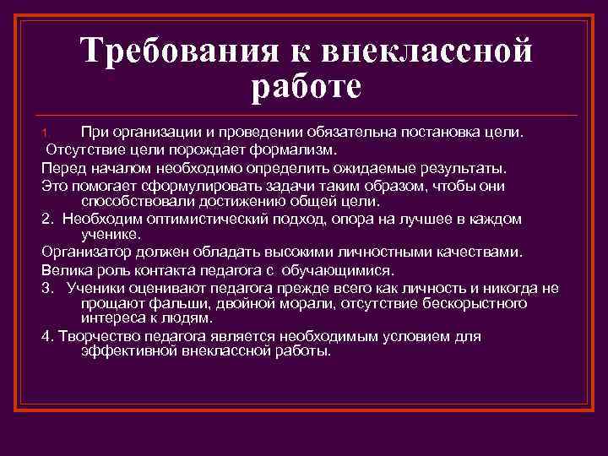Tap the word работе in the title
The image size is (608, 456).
click(x=307, y=86)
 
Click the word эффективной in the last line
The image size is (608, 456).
click(x=128, y=351)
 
